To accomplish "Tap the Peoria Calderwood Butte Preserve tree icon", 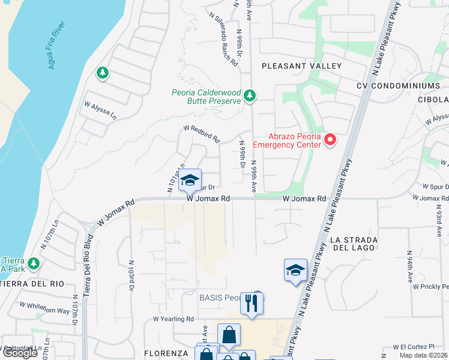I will click(x=250, y=96).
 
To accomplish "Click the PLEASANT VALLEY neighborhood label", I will click(x=301, y=65).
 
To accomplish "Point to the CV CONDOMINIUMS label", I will click(x=406, y=86).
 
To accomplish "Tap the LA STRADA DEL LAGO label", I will click(x=353, y=243).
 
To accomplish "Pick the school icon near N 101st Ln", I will click(x=190, y=179).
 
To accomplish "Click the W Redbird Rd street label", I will click(x=202, y=133).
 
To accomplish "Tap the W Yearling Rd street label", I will click(x=173, y=319).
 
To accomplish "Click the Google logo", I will click(x=20, y=353).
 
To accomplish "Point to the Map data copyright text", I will click(x=424, y=355).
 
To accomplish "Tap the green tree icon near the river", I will click(x=102, y=73).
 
